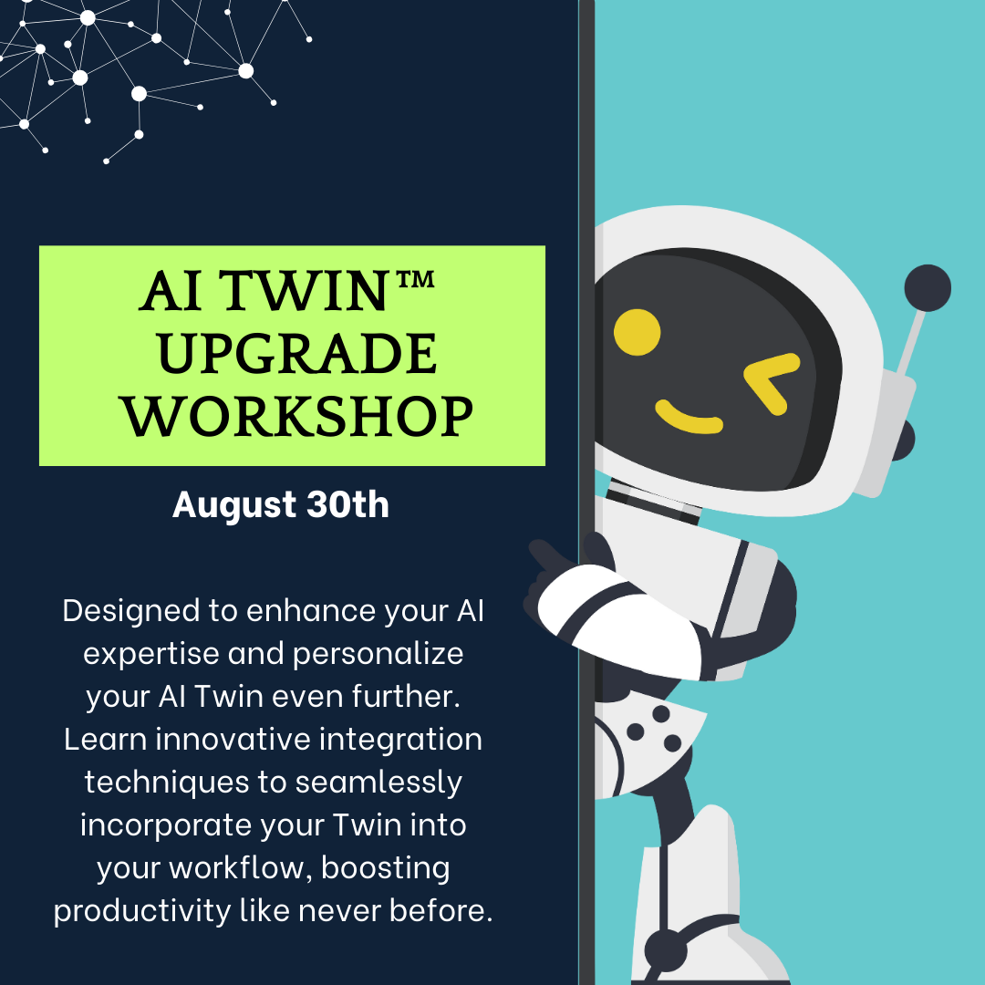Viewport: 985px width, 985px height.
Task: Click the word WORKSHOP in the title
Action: coord(299,416)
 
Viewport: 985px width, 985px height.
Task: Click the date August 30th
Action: coord(281,504)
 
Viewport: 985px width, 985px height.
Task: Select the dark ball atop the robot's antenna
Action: coord(928,288)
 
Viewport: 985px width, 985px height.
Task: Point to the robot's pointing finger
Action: coord(547,555)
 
